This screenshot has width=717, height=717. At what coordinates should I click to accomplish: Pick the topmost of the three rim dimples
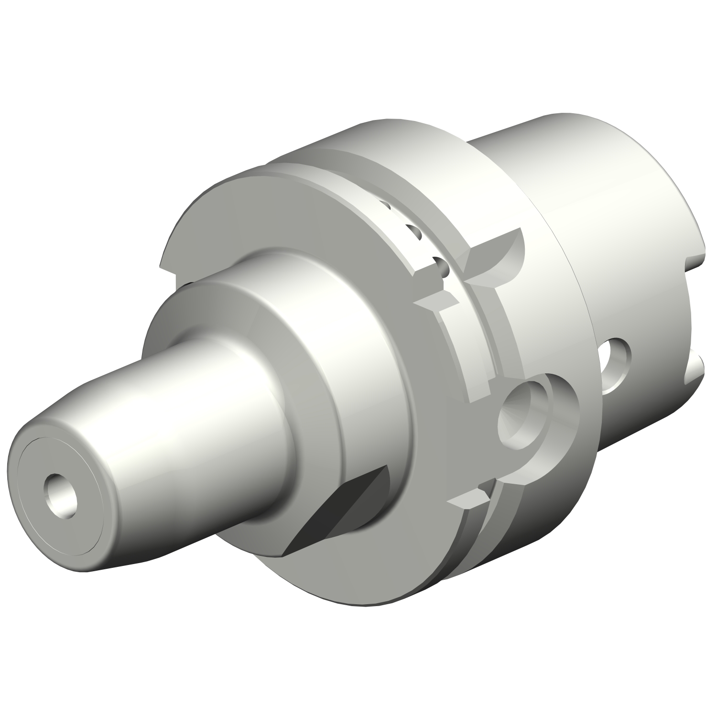point(386,206)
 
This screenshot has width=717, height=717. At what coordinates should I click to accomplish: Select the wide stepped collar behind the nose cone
point(306,335)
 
